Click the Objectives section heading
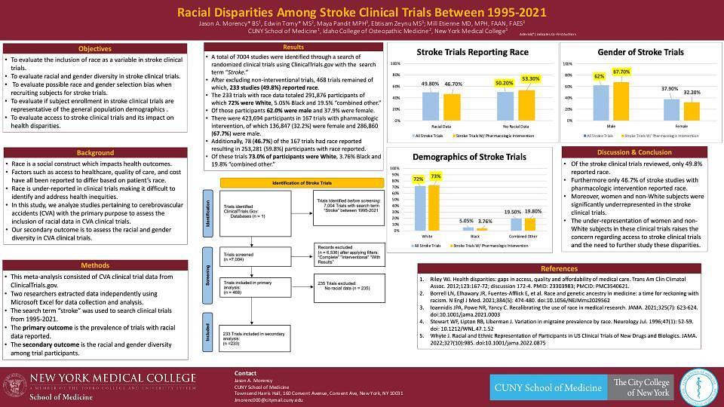point(95,48)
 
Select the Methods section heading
point(95,265)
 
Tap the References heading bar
point(559,269)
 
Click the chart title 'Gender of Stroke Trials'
point(640,52)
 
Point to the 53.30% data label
point(531,78)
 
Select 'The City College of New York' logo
point(642,387)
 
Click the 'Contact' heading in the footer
point(246,373)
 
